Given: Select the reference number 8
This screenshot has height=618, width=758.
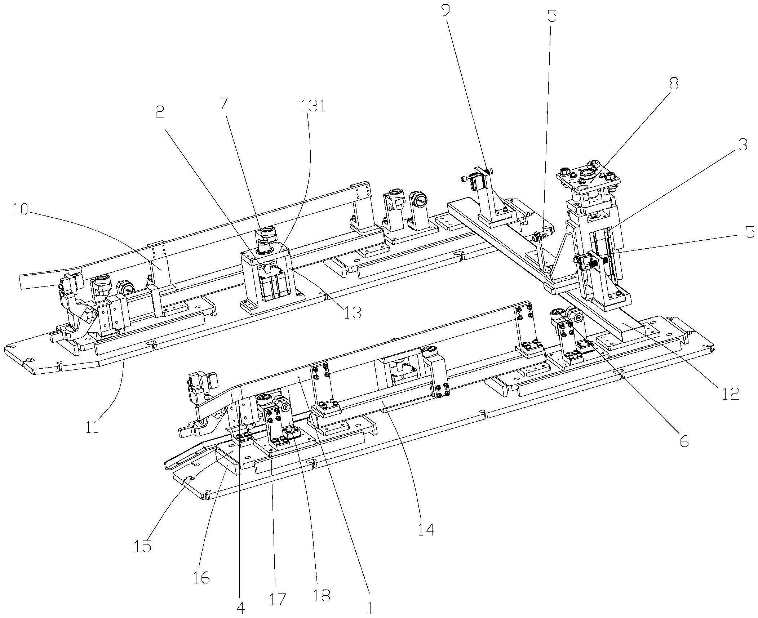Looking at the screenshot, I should [x=673, y=84].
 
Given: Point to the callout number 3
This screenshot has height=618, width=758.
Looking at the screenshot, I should [x=742, y=145].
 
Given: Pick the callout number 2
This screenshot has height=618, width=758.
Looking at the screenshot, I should [x=159, y=112].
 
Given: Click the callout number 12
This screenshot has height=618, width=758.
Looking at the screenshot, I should [x=730, y=394].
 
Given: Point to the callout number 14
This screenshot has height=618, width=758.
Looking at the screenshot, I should [x=426, y=530].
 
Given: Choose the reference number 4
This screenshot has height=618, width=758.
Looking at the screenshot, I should [x=241, y=608].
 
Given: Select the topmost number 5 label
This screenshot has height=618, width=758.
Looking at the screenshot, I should [x=552, y=16].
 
